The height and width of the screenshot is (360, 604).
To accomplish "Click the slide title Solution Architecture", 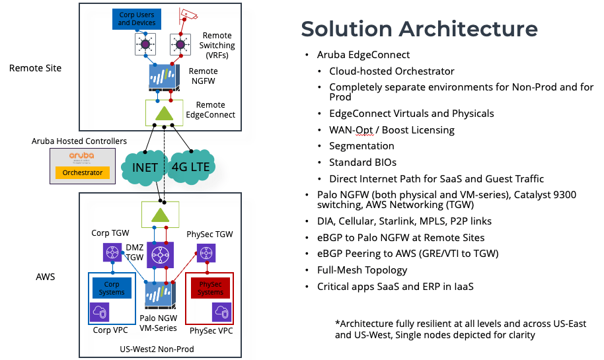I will (419, 29).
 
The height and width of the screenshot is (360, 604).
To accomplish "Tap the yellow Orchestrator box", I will (83, 172).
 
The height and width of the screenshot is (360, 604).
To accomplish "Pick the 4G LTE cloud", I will (191, 166).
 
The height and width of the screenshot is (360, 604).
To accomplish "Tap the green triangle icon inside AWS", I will (160, 215).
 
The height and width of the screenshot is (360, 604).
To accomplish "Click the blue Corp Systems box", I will (111, 288).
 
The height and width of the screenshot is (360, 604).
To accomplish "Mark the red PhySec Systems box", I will (211, 288).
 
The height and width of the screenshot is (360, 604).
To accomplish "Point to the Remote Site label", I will (35, 67).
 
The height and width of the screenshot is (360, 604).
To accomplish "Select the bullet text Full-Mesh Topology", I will (362, 270).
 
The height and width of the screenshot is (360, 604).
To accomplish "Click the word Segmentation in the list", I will (361, 146).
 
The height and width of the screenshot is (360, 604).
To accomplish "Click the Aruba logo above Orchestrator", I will (83, 157).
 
